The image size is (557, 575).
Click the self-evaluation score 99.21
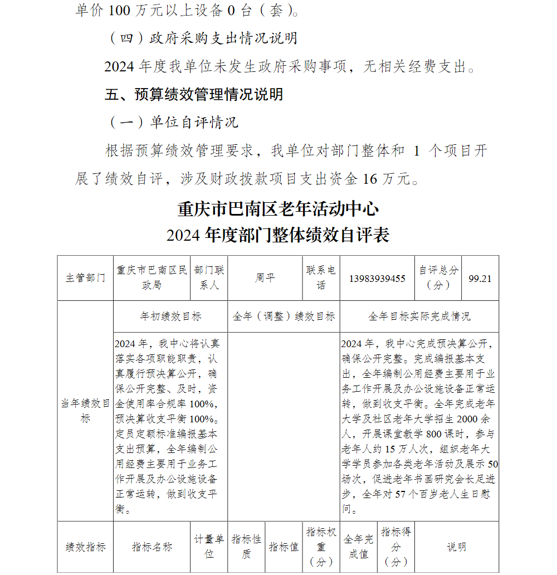coord(480,278)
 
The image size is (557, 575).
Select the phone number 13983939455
coord(377,278)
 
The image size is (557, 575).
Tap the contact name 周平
coord(265,277)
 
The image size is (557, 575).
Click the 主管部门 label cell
coord(85,278)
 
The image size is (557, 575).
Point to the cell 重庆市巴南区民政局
coord(152,277)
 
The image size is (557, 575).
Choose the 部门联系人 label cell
coord(209,277)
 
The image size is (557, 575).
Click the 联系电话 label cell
coord(321,277)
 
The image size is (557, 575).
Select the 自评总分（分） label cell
coord(438,277)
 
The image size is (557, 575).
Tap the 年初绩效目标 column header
coord(170,316)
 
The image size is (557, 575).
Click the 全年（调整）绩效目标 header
coord(284,316)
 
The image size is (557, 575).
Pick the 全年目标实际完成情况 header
coord(419,316)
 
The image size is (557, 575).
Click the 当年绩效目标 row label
coord(85,411)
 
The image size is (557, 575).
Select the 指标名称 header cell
coord(152,547)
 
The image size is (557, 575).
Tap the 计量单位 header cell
coord(209,547)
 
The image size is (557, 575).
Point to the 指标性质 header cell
coord(246,547)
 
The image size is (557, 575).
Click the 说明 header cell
coord(457,547)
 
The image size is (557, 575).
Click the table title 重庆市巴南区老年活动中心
coord(278,209)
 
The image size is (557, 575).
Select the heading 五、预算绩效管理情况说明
coord(194,94)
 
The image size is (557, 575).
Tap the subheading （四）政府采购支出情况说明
coord(202,38)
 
